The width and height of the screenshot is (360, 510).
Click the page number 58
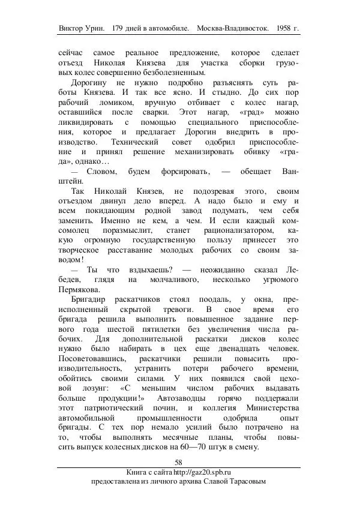(x=179, y=462)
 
